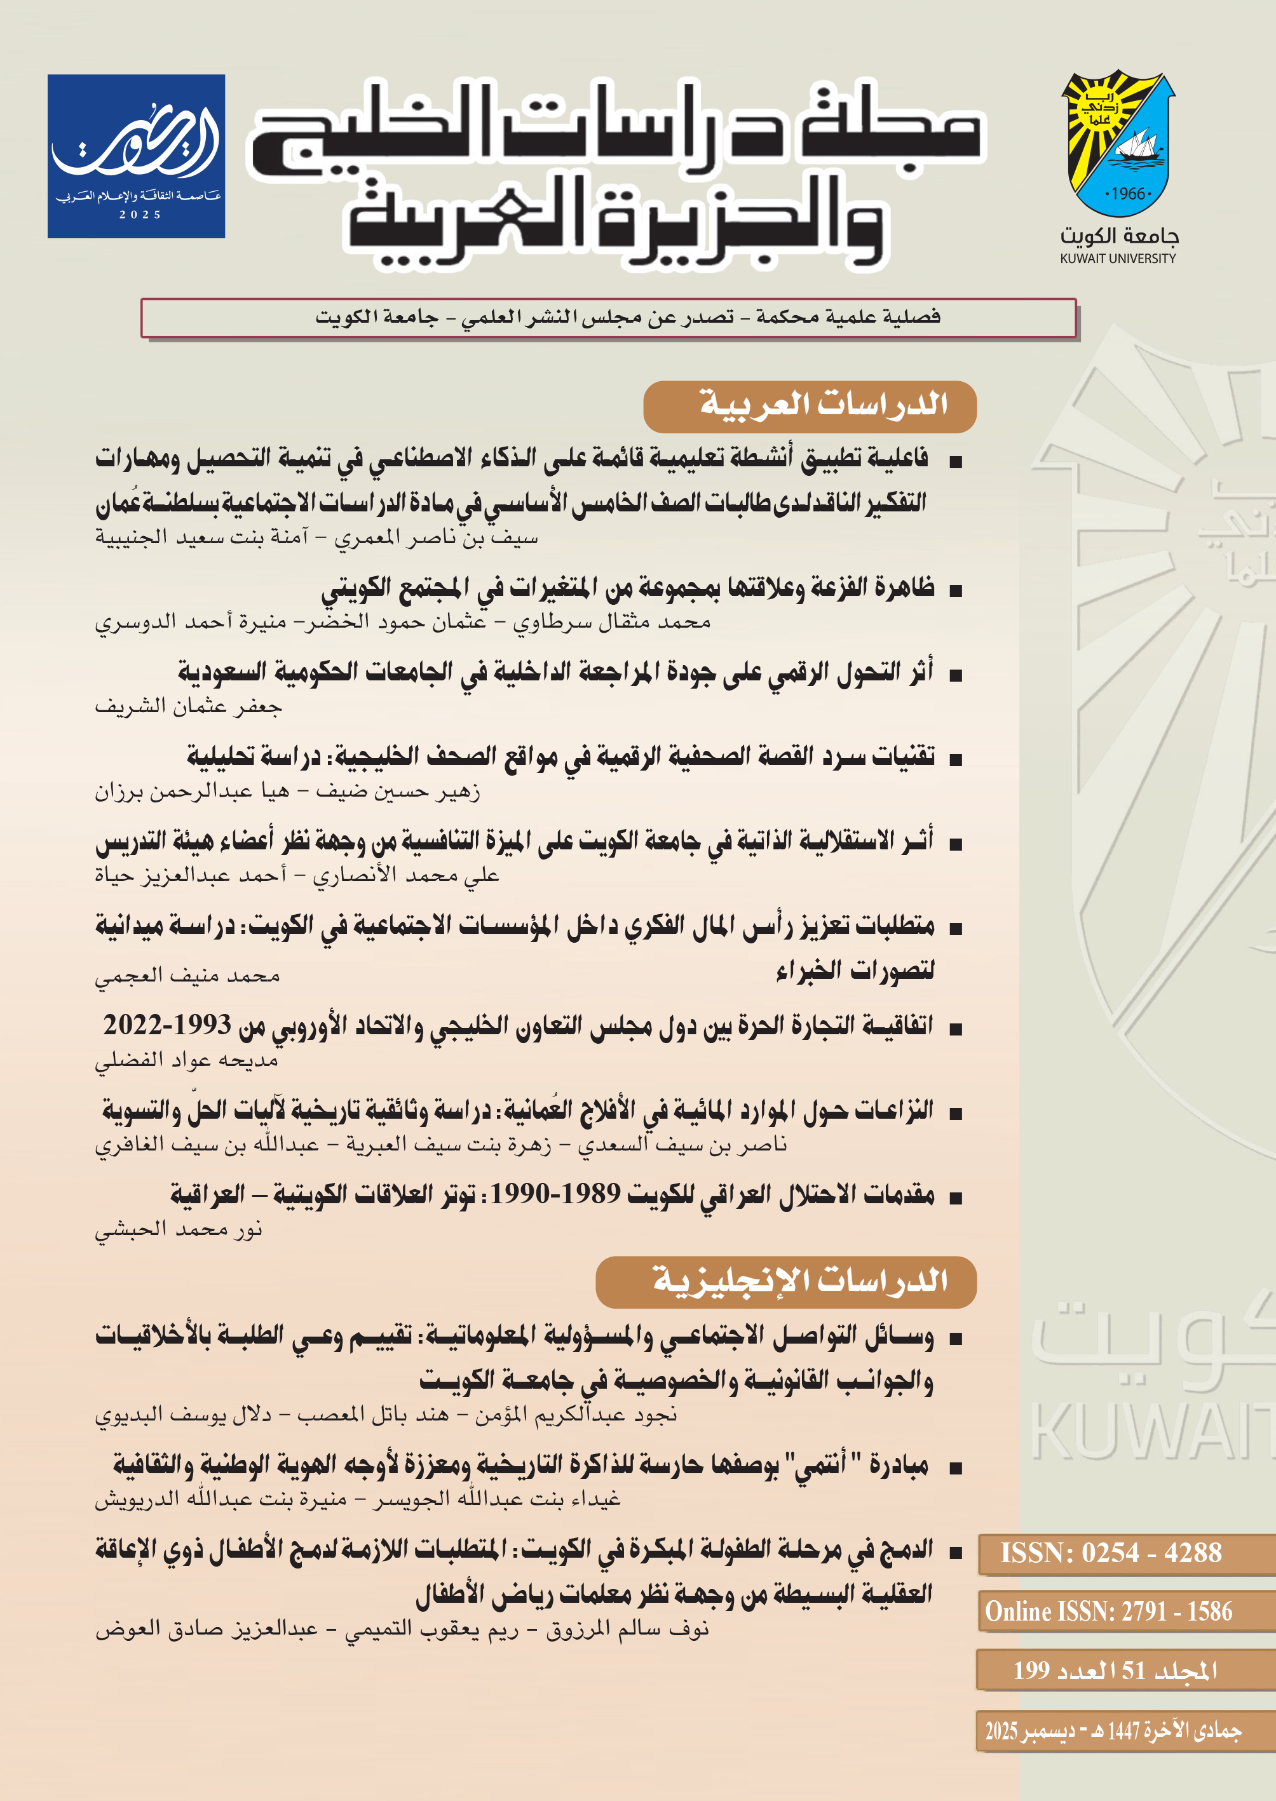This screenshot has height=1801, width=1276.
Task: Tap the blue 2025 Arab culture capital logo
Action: click(137, 156)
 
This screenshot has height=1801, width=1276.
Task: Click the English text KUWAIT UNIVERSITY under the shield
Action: click(1117, 259)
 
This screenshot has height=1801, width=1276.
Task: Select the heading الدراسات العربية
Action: click(823, 405)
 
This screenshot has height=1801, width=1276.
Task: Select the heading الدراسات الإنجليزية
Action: click(800, 1281)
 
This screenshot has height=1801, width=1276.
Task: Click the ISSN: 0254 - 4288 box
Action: click(1110, 1553)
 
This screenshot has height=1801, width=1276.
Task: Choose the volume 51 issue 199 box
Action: click(1115, 1670)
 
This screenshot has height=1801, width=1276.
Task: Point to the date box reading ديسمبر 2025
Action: click(1113, 1731)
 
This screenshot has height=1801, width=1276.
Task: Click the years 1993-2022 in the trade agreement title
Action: click(167, 1025)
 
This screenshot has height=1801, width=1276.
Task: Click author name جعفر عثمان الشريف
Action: click(188, 707)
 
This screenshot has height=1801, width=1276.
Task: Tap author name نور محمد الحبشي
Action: click(179, 1229)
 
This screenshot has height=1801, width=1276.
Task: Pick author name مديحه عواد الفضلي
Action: click(187, 1060)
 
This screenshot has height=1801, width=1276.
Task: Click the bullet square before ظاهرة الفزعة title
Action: click(956, 591)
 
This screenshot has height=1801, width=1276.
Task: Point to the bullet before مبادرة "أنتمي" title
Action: click(956, 1467)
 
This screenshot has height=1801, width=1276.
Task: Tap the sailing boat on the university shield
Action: click(1137, 149)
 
